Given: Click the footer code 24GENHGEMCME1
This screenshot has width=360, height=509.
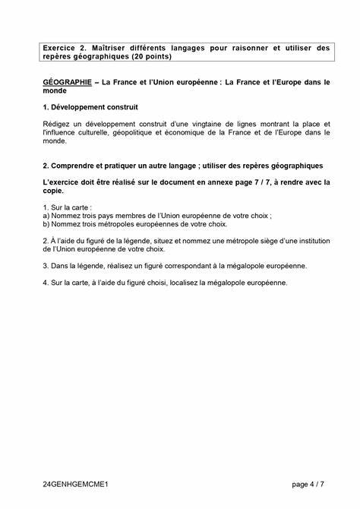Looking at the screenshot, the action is [x=76, y=483].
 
